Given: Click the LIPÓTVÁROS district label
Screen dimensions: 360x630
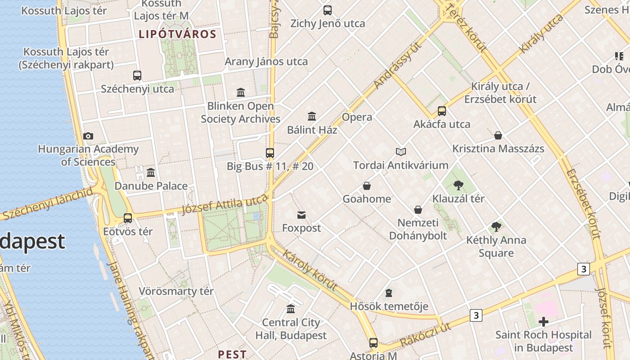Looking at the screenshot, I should pyautogui.click(x=177, y=34).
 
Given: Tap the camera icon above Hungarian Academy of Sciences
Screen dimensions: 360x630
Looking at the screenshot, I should pyautogui.click(x=88, y=136).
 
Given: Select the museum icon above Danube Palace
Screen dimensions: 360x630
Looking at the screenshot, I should pyautogui.click(x=151, y=172).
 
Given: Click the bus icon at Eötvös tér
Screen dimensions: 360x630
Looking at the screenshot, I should pyautogui.click(x=128, y=218).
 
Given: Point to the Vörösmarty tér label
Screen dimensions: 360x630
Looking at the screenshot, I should pyautogui.click(x=176, y=291).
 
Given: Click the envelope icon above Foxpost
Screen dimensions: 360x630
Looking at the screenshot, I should pyautogui.click(x=301, y=215).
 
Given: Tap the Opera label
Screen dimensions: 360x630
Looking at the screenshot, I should pyautogui.click(x=357, y=117).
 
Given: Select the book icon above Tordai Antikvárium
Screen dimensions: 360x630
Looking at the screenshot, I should pyautogui.click(x=400, y=152).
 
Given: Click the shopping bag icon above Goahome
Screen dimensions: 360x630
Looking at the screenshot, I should pyautogui.click(x=367, y=186).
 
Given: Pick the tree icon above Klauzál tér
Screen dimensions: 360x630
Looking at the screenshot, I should pyautogui.click(x=458, y=185).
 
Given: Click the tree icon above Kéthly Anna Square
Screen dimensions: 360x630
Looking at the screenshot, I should pyautogui.click(x=496, y=227).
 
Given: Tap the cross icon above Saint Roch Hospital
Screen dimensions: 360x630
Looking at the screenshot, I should pyautogui.click(x=543, y=322).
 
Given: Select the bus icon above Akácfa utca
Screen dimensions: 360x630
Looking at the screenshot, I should pyautogui.click(x=442, y=111).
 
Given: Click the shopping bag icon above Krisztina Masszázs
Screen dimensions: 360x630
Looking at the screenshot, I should pyautogui.click(x=498, y=135).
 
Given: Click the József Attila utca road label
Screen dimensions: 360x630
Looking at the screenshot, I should pyautogui.click(x=225, y=207).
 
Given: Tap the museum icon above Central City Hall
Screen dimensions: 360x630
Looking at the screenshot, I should pyautogui.click(x=291, y=309).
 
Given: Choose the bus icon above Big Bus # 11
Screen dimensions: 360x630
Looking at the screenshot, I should pyautogui.click(x=270, y=153).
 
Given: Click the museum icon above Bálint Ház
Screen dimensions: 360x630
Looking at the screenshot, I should pyautogui.click(x=312, y=117).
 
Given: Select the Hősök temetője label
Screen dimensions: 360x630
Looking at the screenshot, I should pyautogui.click(x=389, y=306).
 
